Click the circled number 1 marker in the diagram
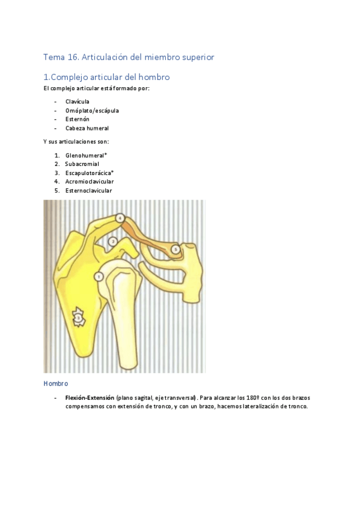[x=99, y=276]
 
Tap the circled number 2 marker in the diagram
[x=112, y=242]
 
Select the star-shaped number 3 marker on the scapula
[x=78, y=316]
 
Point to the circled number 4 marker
[x=120, y=218]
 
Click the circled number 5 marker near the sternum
[x=175, y=248]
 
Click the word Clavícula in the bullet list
[x=78, y=102]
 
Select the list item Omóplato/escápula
[x=92, y=111]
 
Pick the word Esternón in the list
[x=78, y=119]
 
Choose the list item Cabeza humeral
[x=87, y=128]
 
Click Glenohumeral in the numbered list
[x=88, y=155]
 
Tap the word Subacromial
[x=82, y=164]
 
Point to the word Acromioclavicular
[x=90, y=182]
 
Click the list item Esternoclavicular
[x=88, y=191]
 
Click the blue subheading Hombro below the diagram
[x=55, y=383]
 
